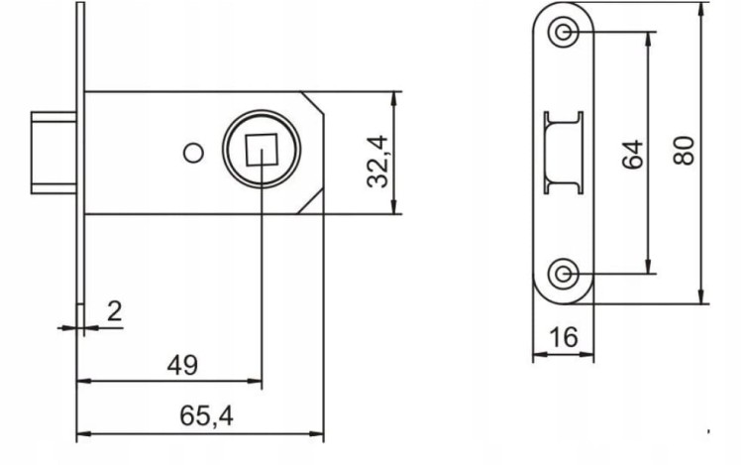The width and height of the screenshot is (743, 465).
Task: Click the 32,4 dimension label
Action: (x=378, y=162)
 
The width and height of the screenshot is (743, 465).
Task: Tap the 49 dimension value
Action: (x=182, y=365)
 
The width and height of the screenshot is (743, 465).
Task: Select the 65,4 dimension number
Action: (x=207, y=416)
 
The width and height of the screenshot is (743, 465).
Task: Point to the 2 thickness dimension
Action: (x=115, y=311)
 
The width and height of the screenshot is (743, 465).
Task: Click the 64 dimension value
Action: (x=633, y=154)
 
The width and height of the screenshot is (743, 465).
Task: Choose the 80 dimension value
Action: (x=684, y=151)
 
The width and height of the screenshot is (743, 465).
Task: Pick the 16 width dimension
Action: (x=564, y=337)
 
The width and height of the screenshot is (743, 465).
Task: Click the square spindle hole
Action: (x=262, y=150)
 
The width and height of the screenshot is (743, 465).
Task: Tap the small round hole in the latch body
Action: (x=193, y=153)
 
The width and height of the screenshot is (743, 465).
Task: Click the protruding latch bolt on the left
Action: (x=53, y=153)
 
